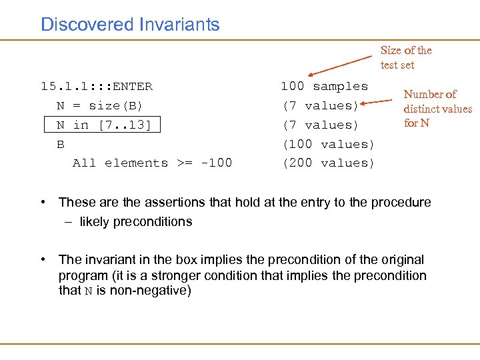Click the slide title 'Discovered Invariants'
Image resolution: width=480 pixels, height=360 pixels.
[130, 25]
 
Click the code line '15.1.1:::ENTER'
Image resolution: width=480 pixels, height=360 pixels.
[97, 86]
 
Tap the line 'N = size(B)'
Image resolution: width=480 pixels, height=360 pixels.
[100, 105]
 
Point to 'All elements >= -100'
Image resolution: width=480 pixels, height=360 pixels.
[152, 163]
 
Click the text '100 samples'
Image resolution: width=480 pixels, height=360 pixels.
[324, 86]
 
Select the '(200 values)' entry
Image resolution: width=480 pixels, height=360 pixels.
[329, 163]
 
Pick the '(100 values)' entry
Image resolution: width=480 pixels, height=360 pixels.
[329, 144]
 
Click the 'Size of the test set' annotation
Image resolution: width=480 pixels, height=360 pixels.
[406, 57]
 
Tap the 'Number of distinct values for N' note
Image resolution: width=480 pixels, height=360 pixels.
[437, 109]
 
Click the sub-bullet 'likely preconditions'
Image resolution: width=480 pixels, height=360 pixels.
[135, 221]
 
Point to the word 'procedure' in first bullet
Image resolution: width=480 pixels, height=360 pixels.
[402, 202]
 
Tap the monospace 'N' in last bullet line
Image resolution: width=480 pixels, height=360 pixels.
[89, 291]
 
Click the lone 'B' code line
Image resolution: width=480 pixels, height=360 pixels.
[61, 144]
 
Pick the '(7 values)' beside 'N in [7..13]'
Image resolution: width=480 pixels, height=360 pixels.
[321, 125]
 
